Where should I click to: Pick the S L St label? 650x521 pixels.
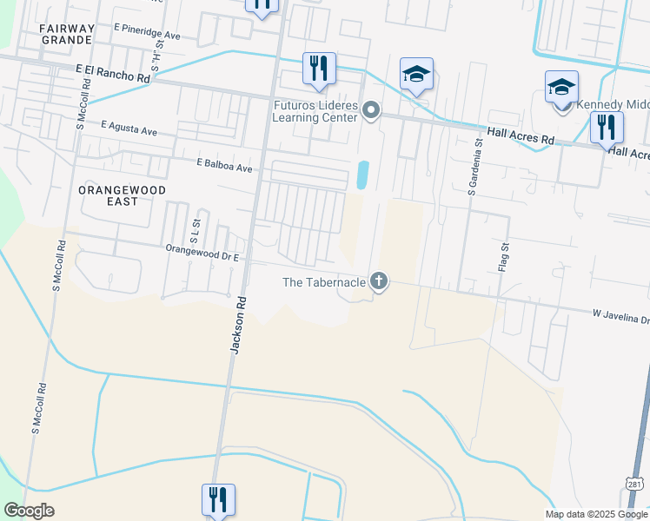pos(194,230)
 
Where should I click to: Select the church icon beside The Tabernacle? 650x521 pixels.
pos(378,280)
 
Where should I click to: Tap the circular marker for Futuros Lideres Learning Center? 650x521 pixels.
pos(371,109)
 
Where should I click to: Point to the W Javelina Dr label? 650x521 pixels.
pos(620,315)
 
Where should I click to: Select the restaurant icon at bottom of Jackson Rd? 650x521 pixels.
pos(216,500)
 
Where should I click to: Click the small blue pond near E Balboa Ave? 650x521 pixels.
pos(361,175)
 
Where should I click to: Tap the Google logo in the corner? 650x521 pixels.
pos(29,511)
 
